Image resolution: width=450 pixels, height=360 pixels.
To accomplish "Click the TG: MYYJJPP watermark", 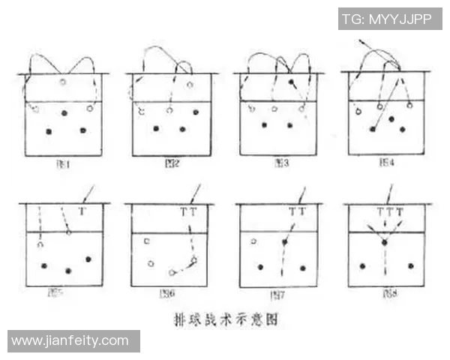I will tap(389, 19).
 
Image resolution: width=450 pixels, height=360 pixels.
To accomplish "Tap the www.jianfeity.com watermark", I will tap(70, 341).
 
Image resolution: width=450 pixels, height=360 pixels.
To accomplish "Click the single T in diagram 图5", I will tap(82, 212).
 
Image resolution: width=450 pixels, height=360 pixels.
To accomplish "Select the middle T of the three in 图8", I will tap(389, 212).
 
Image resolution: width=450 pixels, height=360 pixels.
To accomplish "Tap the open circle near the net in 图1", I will tap(63, 82).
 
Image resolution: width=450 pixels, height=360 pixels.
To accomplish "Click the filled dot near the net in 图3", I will tap(291, 81).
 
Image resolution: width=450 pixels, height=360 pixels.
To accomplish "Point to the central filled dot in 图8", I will tap(384, 243).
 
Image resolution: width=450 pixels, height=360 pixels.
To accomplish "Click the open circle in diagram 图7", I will tap(254, 241).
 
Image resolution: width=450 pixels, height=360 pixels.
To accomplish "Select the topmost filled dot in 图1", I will tap(64, 113).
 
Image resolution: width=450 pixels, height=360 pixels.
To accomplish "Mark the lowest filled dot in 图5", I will tap(68, 271).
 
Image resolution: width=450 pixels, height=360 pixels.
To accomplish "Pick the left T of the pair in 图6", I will tap(183, 212).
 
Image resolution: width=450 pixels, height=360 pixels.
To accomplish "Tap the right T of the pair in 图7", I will tap(302, 212).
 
